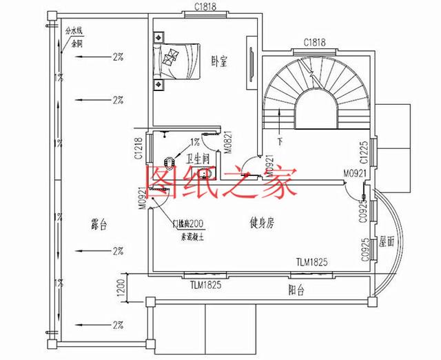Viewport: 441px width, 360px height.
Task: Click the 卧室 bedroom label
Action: tap(220, 60)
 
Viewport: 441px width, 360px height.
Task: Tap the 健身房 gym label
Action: tap(262, 222)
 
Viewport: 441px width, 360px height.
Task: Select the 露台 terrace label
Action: tap(101, 225)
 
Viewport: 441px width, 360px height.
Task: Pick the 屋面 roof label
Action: tap(386, 241)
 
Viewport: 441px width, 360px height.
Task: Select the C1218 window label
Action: tap(139, 147)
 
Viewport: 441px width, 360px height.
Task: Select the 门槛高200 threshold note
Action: tap(187, 224)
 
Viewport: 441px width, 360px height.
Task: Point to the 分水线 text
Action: tap(74, 30)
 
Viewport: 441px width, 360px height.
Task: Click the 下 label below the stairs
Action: tap(280, 141)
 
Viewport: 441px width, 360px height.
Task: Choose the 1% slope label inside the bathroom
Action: tap(196, 142)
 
